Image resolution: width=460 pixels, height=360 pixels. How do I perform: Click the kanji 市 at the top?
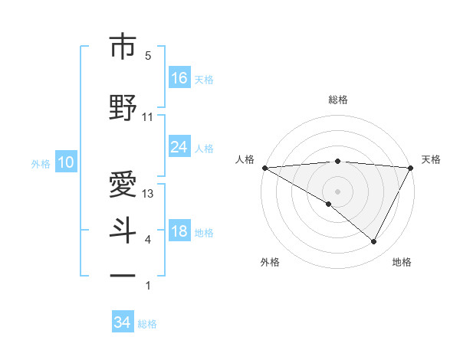click(x=123, y=47)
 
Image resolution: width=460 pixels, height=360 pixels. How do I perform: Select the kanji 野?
click(x=123, y=108)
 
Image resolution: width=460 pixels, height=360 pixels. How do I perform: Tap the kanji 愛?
click(x=123, y=184)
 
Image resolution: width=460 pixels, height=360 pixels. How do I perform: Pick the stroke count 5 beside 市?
click(x=148, y=56)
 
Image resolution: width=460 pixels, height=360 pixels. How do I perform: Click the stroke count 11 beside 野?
click(x=148, y=117)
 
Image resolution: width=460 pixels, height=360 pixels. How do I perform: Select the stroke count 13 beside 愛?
click(x=149, y=194)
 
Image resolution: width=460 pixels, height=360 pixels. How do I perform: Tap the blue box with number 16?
click(x=179, y=77)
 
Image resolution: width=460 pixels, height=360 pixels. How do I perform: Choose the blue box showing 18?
click(x=179, y=231)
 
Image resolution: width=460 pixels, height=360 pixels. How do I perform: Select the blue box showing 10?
click(x=65, y=162)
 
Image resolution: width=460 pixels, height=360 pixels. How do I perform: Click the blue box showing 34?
click(x=123, y=322)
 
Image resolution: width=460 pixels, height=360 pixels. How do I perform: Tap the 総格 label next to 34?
click(x=147, y=324)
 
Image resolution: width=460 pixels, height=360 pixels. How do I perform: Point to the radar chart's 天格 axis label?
click(x=431, y=159)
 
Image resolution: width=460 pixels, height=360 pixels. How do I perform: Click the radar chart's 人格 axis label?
click(x=245, y=159)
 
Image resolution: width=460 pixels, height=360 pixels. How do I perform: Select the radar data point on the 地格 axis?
click(x=374, y=242)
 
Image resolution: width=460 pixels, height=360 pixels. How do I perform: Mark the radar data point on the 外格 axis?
click(x=329, y=204)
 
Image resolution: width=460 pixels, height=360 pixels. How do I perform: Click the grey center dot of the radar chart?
click(x=337, y=191)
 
